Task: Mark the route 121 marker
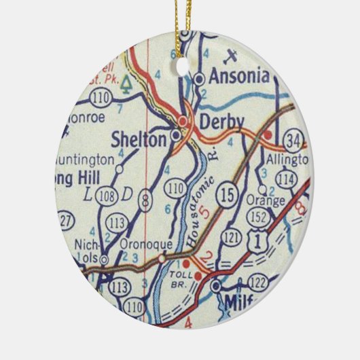coord(233,236)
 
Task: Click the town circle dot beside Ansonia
coord(199,79)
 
